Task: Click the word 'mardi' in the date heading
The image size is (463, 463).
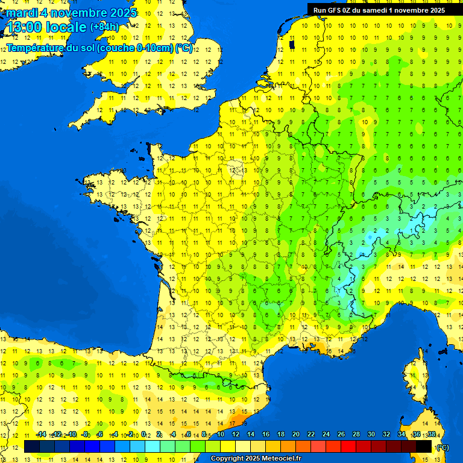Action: tap(22, 13)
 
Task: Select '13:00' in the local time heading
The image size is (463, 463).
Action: tap(24, 27)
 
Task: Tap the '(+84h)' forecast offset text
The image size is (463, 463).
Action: tap(104, 27)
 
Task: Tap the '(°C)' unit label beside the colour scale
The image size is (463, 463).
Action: tap(442, 447)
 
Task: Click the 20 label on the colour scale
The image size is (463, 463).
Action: tap(295, 435)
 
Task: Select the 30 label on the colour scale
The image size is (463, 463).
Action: tap(371, 435)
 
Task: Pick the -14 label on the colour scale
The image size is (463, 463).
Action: tap(41, 435)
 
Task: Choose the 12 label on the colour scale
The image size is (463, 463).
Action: tap(235, 435)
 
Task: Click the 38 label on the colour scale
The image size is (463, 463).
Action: tap(431, 435)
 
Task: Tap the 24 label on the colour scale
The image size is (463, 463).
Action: tap(326, 435)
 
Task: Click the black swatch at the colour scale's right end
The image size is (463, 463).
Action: tap(424, 447)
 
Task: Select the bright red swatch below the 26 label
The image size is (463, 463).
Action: tap(348, 447)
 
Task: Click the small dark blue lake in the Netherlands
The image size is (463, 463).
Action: tap(292, 44)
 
